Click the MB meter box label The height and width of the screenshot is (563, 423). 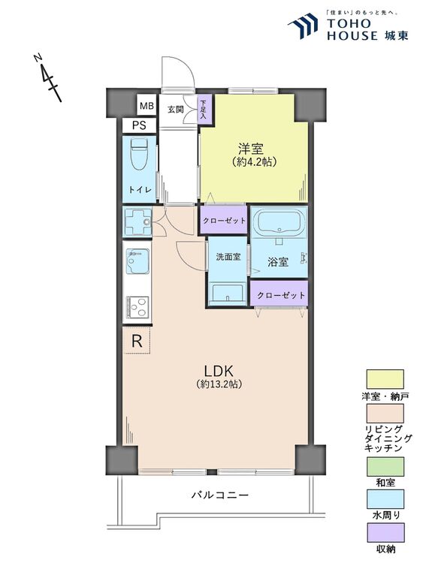147,106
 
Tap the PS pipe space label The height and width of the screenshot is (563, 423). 139,125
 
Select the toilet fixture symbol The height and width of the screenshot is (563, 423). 139,154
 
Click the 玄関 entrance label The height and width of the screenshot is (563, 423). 176,110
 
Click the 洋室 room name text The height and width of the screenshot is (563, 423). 251,149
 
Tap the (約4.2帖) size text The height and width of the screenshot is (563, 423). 254,162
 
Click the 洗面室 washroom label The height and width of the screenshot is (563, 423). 228,257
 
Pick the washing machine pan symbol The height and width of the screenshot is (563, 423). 137,222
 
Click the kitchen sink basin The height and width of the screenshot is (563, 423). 137,260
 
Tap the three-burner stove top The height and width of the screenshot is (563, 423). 137,307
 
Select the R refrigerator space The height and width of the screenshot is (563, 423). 137,340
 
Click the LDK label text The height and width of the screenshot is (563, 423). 219,371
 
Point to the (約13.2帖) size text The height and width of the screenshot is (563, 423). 219,384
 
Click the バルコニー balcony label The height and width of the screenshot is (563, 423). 220,495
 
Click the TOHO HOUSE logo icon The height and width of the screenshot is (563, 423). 303,25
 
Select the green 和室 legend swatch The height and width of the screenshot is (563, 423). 385,466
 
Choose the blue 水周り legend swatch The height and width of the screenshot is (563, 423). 385,499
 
